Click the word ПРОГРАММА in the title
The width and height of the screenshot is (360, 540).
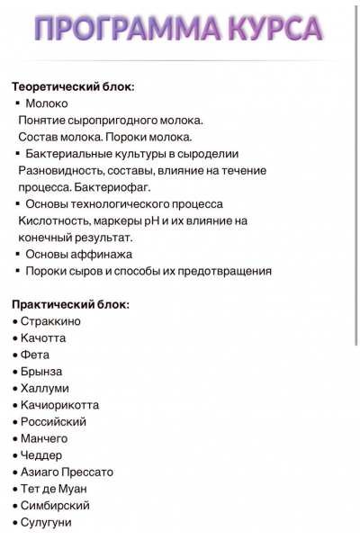[123, 29]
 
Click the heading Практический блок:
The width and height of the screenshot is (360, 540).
[70, 304]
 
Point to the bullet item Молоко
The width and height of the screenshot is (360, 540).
[47, 103]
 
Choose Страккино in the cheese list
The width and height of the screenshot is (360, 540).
[50, 321]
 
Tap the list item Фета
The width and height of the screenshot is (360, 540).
[35, 355]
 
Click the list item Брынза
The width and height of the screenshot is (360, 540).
[41, 372]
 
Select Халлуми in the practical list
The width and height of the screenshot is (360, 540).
[45, 388]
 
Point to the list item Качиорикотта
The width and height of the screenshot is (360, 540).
[59, 405]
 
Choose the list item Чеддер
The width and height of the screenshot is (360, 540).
[41, 455]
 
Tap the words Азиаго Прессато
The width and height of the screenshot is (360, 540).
[67, 472]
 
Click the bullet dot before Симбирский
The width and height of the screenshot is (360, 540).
[14, 506]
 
